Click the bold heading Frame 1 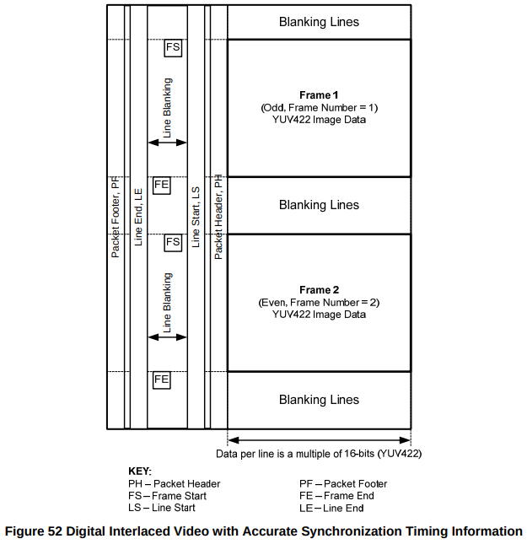coord(319,95)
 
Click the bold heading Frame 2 coord(319,290)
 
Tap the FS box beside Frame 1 coord(173,47)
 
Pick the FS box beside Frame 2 coord(173,242)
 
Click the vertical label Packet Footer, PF coord(116,217)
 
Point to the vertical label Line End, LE coord(139,217)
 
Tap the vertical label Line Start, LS coord(196,217)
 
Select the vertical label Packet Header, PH coord(218,217)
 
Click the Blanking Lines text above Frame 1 coord(319,22)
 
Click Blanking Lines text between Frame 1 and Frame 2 coord(319,205)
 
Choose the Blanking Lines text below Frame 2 coord(319,400)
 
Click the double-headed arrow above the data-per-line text coord(319,439)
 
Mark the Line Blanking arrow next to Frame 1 coord(167,143)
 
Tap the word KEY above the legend coord(139,471)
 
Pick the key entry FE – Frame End coord(336,496)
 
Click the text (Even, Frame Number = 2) coord(319,302)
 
